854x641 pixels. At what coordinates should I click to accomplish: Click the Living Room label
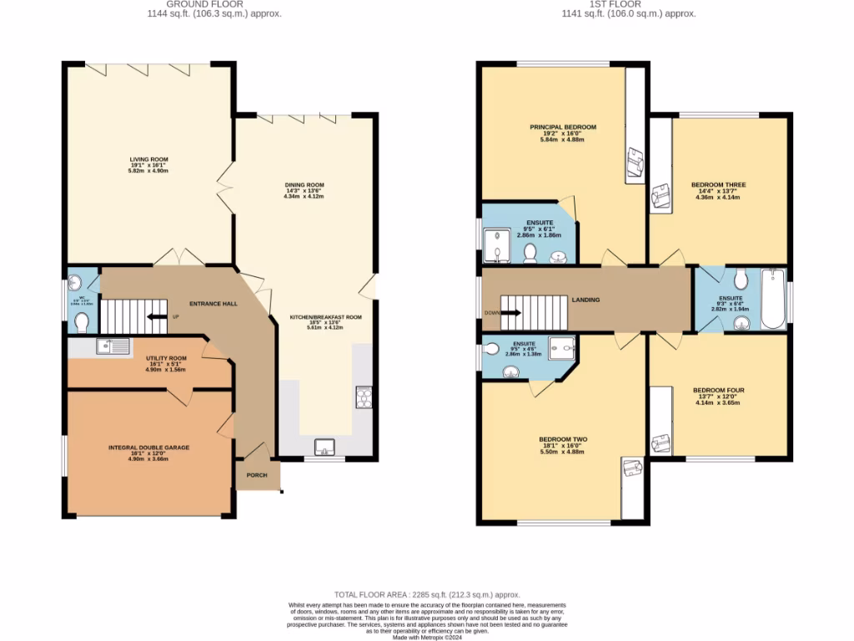click(x=148, y=159)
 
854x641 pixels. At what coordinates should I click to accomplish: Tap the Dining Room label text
click(x=304, y=184)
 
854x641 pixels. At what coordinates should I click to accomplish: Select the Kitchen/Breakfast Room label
click(x=324, y=317)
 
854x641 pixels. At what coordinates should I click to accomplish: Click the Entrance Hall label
click(x=213, y=303)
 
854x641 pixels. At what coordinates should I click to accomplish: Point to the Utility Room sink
click(x=113, y=346)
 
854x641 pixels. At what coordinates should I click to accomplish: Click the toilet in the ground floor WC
click(x=81, y=322)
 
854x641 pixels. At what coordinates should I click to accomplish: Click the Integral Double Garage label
click(x=148, y=447)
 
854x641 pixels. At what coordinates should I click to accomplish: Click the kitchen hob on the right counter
click(x=364, y=395)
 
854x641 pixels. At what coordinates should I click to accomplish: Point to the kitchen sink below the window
click(x=324, y=447)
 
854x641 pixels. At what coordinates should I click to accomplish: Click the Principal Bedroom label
click(x=563, y=127)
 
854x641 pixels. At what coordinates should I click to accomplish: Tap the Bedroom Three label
click(x=718, y=184)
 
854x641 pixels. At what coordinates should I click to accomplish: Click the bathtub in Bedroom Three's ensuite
click(x=773, y=299)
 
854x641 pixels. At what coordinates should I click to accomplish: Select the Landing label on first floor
click(x=585, y=300)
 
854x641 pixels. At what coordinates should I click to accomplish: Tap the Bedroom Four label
click(x=718, y=390)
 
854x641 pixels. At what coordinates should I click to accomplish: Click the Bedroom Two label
click(x=563, y=439)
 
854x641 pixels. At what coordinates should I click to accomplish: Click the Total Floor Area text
click(x=427, y=592)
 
